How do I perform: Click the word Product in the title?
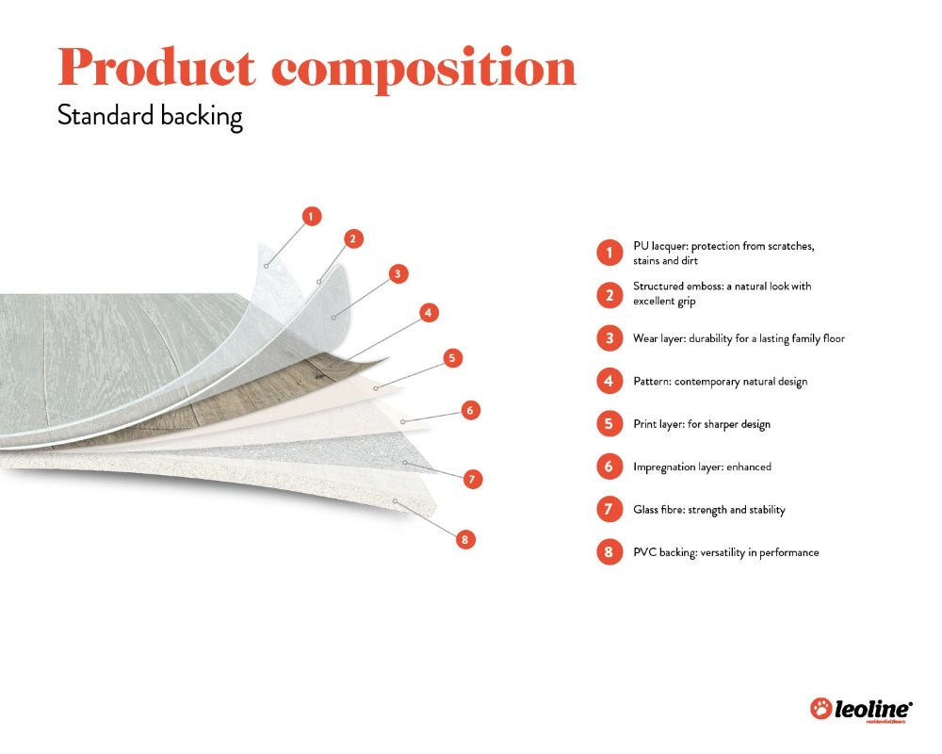pyautogui.click(x=155, y=67)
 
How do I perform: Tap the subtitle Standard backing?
pyautogui.click(x=150, y=116)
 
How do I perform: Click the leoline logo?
pyautogui.click(x=861, y=710)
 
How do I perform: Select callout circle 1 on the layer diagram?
pyautogui.click(x=312, y=216)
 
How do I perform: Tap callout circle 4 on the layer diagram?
pyautogui.click(x=429, y=312)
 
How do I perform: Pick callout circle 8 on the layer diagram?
pyautogui.click(x=463, y=539)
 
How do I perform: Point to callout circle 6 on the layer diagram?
pyautogui.click(x=471, y=410)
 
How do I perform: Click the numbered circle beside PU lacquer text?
pyautogui.click(x=609, y=253)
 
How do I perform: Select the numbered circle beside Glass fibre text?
pyautogui.click(x=609, y=510)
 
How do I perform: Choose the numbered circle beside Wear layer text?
pyautogui.click(x=609, y=338)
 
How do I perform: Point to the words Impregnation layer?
pyautogui.click(x=677, y=467)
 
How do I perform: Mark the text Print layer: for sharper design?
pyautogui.click(x=701, y=424)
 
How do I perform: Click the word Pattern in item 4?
pyautogui.click(x=652, y=382)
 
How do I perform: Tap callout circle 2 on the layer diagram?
pyautogui.click(x=352, y=238)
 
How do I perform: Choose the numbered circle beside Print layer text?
pyautogui.click(x=609, y=424)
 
